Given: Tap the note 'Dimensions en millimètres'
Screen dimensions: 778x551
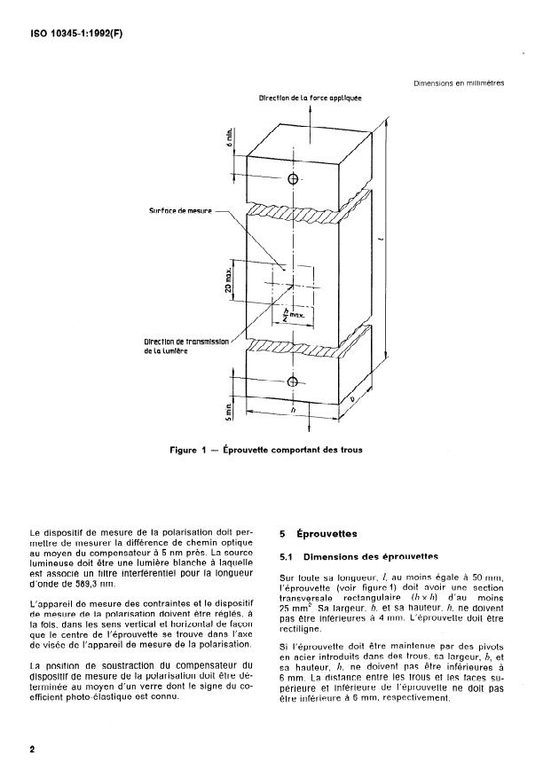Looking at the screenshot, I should (459, 83).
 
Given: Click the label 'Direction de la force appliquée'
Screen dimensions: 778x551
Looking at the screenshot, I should (310, 98).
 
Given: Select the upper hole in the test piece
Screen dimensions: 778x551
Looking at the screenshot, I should (294, 179).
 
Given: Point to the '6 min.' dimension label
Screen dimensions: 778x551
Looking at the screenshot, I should (229, 137).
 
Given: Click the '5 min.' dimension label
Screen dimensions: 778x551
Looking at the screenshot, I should (229, 411).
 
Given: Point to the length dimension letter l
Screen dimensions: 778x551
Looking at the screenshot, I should (405, 240).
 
